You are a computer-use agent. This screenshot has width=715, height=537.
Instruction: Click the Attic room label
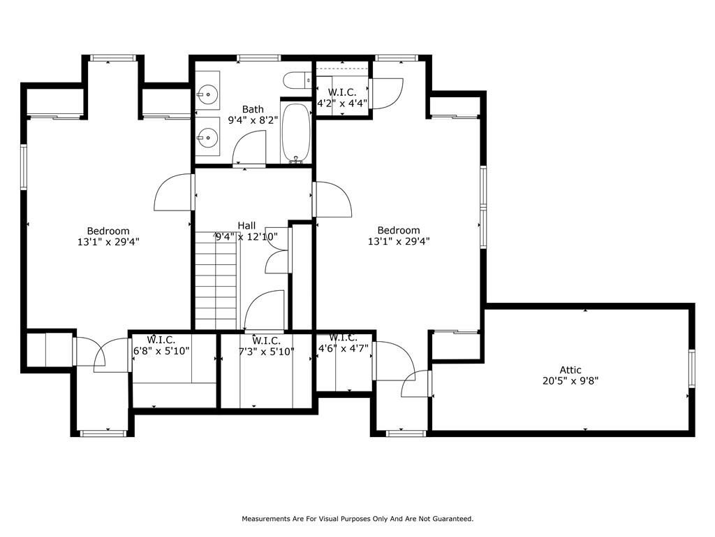[570, 370]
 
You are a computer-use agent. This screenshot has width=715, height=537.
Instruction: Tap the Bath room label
[253, 110]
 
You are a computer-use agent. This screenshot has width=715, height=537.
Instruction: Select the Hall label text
[246, 226]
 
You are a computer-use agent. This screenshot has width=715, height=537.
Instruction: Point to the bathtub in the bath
[296, 133]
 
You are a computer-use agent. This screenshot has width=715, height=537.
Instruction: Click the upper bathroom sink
[208, 94]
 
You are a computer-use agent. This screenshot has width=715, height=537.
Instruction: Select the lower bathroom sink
[208, 136]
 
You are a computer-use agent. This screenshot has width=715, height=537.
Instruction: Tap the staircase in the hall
[216, 280]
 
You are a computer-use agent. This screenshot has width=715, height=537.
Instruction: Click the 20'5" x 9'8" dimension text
[570, 381]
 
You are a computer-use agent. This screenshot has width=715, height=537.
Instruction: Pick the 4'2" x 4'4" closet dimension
[342, 103]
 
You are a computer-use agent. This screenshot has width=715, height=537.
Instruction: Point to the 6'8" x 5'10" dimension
[161, 351]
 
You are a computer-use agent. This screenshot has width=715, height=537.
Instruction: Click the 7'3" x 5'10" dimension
[266, 352]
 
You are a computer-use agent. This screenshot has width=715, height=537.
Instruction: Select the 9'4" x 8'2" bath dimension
[253, 120]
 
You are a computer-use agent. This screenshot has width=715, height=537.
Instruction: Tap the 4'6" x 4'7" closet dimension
[343, 348]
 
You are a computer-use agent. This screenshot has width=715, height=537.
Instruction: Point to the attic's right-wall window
[692, 368]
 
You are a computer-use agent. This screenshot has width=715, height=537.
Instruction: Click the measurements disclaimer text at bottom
[357, 519]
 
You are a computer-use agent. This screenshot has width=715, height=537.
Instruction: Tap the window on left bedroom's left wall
[24, 166]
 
